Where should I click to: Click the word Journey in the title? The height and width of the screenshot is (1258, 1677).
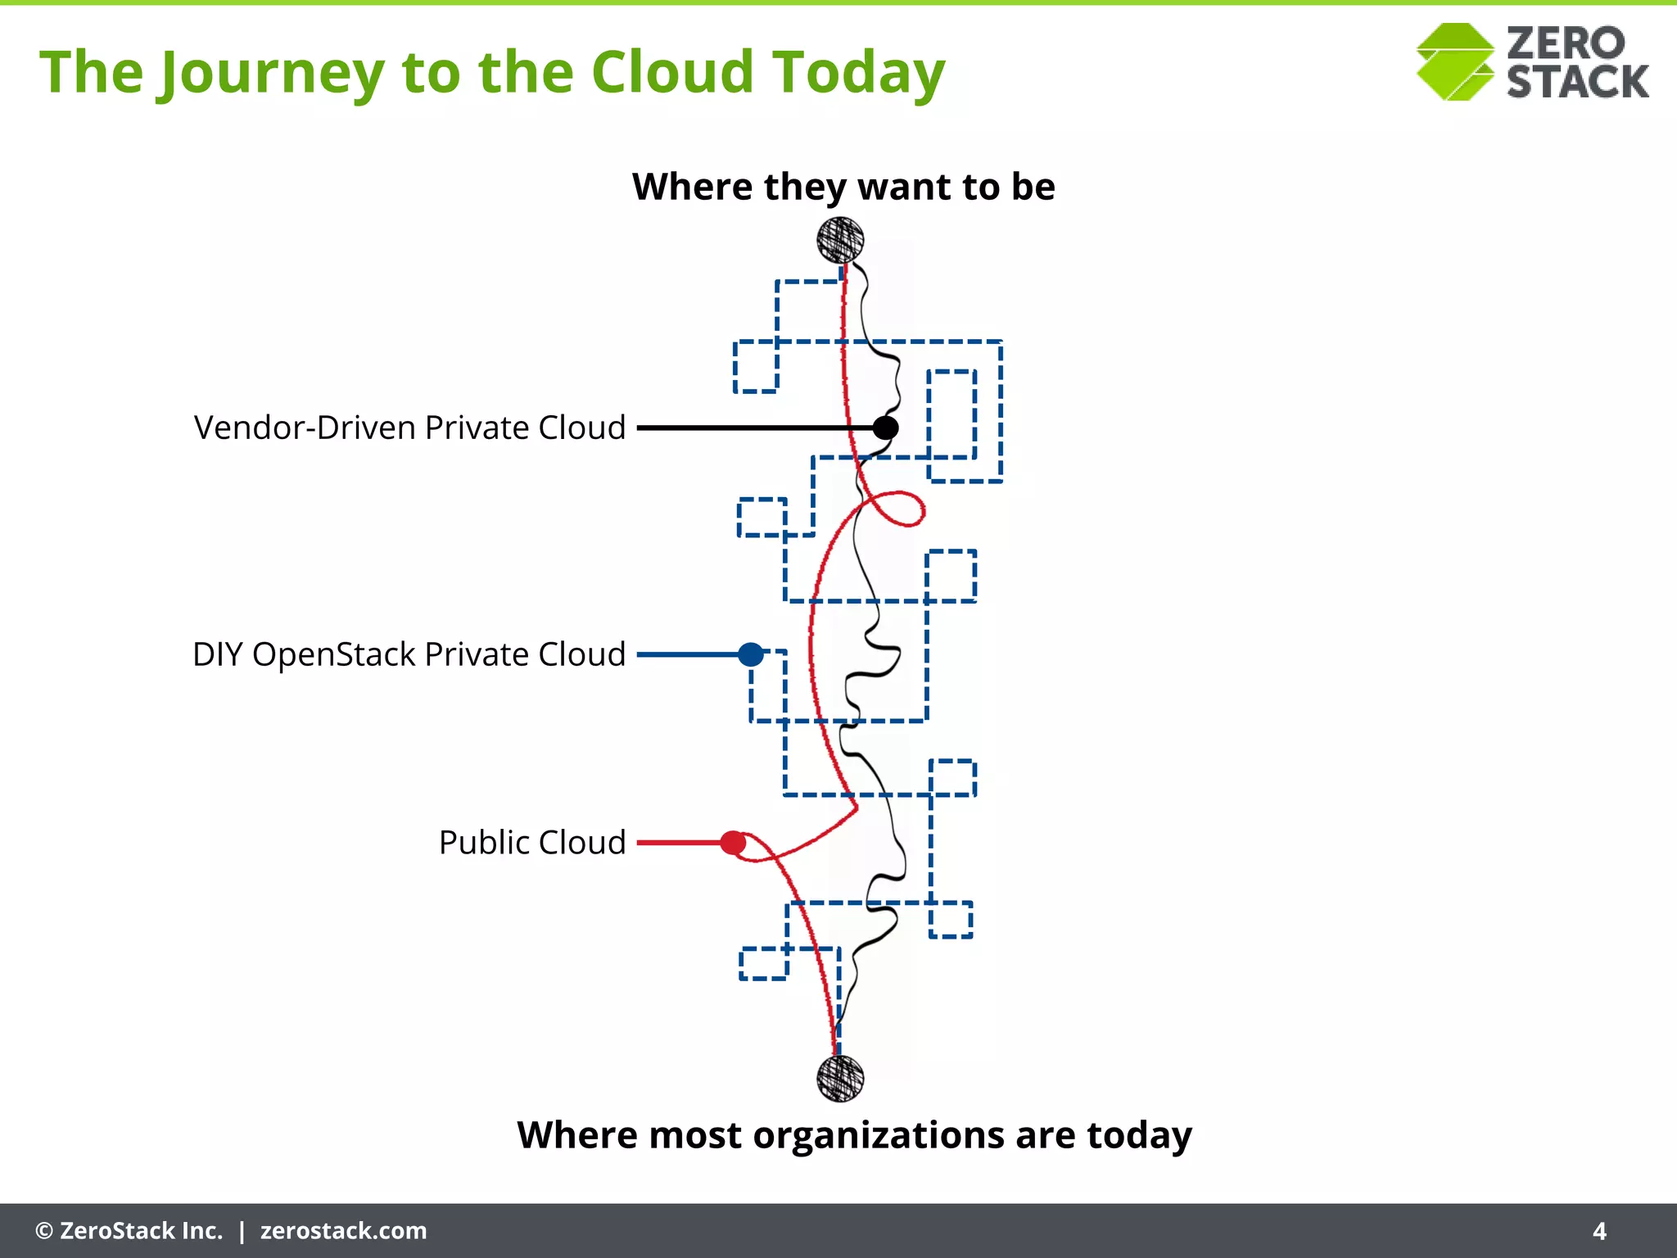(269, 74)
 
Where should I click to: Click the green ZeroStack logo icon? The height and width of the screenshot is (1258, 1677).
(1455, 62)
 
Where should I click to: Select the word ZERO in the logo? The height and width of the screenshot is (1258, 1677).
(1565, 43)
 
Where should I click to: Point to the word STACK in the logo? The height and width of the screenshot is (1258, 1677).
(1577, 82)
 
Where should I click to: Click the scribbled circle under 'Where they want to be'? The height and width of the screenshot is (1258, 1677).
(840, 240)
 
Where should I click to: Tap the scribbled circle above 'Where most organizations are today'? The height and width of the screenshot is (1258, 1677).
(840, 1078)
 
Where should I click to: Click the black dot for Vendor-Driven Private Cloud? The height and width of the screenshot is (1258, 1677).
(885, 428)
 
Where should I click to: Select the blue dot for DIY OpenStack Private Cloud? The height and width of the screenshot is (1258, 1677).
(750, 654)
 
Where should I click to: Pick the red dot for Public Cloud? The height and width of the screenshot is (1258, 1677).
(732, 843)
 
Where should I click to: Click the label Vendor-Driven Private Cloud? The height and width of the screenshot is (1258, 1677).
(409, 428)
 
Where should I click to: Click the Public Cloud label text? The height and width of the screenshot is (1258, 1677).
(532, 843)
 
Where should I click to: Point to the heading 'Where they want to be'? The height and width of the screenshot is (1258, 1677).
(843, 187)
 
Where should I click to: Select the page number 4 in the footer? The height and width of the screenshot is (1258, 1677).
(1599, 1231)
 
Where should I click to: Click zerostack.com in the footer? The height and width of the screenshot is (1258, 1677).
(343, 1231)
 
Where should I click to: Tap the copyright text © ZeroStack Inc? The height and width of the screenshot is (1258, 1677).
(129, 1231)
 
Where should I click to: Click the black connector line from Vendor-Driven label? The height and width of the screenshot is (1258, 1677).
(753, 428)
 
